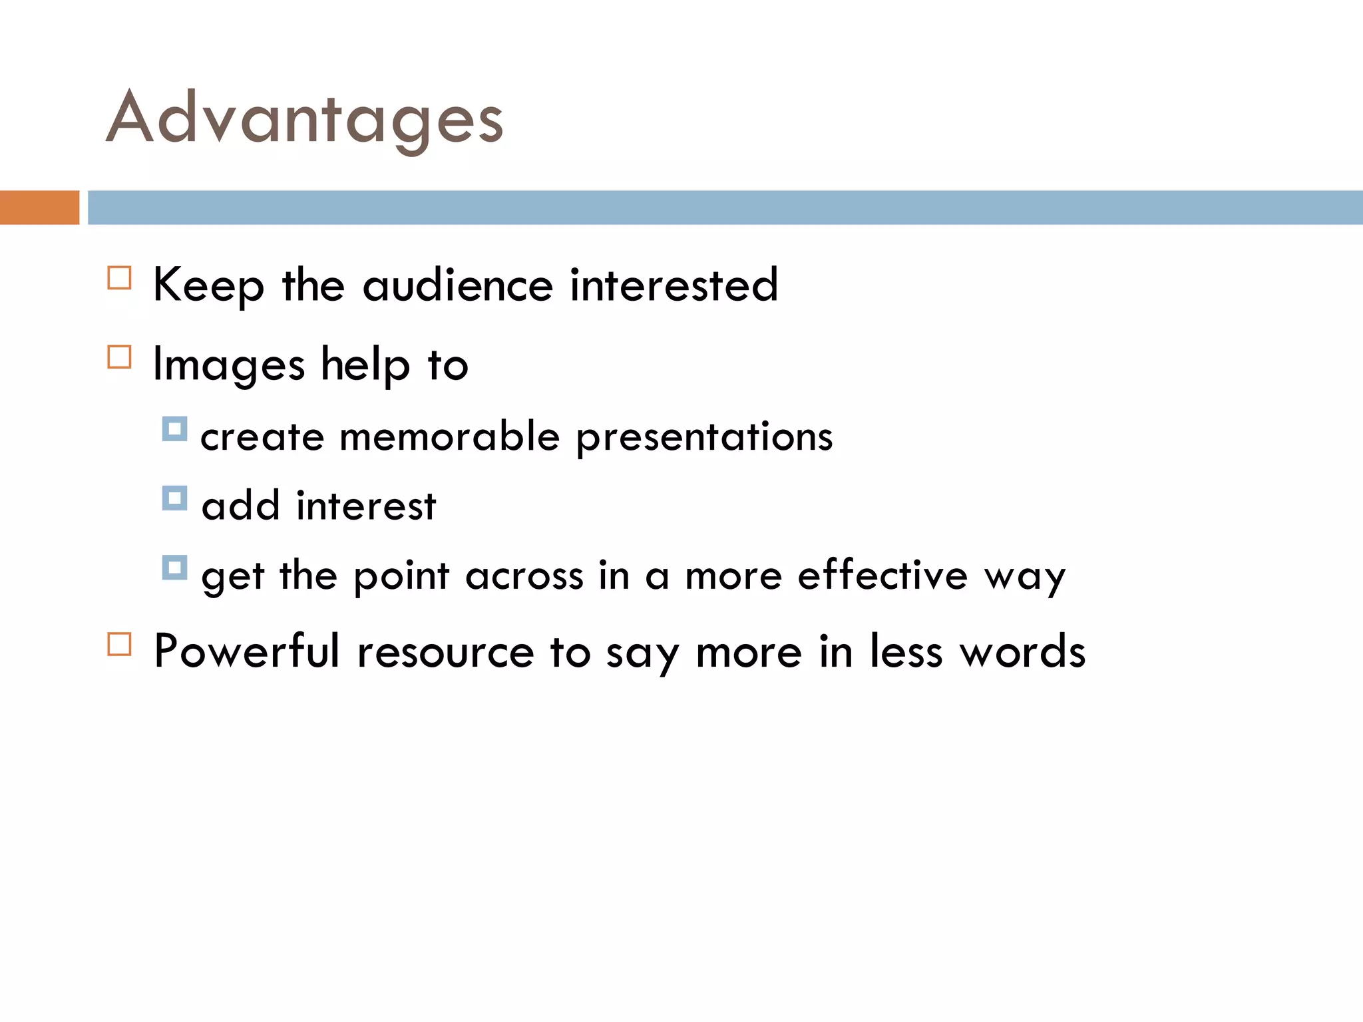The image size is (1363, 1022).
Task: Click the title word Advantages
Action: tap(304, 118)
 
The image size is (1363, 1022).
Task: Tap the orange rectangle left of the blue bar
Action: tap(39, 208)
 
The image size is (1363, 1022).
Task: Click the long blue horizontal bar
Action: tap(725, 208)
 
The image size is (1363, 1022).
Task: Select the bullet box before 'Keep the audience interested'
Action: tap(119, 277)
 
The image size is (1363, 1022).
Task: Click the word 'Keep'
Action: tap(208, 285)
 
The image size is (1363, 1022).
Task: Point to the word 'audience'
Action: tap(458, 285)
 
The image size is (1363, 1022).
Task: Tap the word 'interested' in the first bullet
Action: tap(674, 285)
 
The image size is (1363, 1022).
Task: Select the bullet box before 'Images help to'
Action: tap(119, 357)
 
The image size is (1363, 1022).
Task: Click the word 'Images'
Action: tap(229, 365)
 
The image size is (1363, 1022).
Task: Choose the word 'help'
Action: tap(365, 365)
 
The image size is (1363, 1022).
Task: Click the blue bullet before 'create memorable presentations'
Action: tap(174, 429)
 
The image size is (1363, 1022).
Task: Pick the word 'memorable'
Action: tap(450, 437)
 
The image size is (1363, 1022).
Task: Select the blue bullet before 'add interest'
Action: tap(174, 498)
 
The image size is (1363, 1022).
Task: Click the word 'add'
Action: tap(240, 506)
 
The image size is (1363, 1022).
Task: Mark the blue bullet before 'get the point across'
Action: tap(174, 568)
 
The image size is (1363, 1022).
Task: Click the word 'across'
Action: tap(524, 576)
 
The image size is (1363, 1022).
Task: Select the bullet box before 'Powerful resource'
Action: tap(119, 644)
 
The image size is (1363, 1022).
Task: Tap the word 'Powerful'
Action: tap(247, 651)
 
